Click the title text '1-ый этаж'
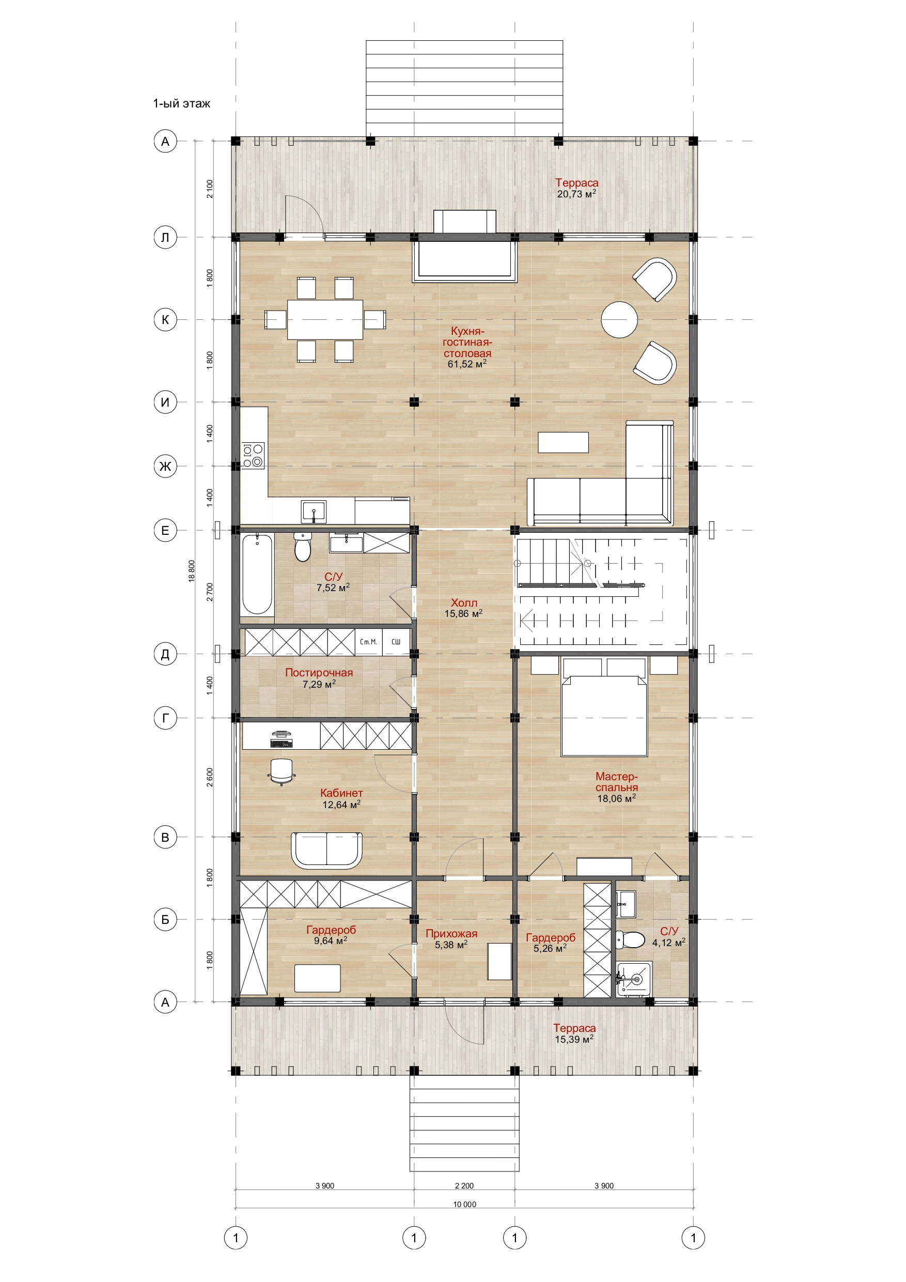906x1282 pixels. (x=181, y=103)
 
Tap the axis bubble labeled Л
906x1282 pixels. (x=165, y=237)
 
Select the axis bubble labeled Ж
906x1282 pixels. (x=165, y=466)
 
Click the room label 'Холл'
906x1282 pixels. (x=464, y=603)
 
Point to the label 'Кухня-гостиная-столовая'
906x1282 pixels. (x=467, y=342)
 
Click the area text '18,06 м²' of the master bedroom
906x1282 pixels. (x=616, y=798)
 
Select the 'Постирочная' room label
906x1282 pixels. (x=319, y=672)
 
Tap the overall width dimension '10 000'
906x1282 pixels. (x=464, y=1204)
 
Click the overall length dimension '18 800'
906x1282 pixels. (x=192, y=571)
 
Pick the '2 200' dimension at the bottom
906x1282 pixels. (x=464, y=1186)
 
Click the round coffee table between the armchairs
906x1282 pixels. (x=619, y=319)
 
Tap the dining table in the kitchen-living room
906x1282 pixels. (x=325, y=319)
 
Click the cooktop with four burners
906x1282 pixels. (x=253, y=455)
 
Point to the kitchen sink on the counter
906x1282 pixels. (x=314, y=512)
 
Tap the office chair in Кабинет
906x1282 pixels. (x=282, y=771)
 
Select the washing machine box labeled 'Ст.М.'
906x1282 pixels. (x=368, y=642)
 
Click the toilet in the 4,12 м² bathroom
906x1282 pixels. (x=630, y=940)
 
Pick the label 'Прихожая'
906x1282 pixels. (x=451, y=933)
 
